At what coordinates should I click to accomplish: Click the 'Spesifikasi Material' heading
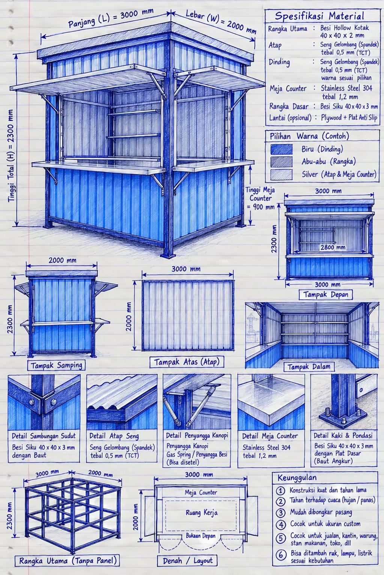tap(319, 16)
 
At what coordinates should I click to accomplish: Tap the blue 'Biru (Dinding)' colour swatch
tap(281, 149)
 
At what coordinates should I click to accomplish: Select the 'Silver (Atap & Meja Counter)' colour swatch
tap(281, 174)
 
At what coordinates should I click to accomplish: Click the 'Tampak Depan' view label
tap(326, 294)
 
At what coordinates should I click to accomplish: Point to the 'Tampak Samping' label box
tap(57, 365)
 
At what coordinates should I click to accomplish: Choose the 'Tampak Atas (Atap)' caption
tap(187, 362)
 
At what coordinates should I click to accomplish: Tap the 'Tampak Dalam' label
tap(309, 367)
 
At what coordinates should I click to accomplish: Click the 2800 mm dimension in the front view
tap(333, 247)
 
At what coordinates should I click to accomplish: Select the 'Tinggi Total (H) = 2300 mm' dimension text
tap(11, 156)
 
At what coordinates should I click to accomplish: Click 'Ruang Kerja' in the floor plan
tap(202, 513)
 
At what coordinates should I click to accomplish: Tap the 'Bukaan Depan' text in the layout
tap(201, 536)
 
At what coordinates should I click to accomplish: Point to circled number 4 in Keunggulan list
tap(280, 524)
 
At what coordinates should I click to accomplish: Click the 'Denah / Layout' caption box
tap(187, 561)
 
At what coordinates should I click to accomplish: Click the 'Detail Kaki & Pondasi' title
tap(343, 435)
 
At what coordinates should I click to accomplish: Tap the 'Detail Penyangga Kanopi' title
tap(197, 436)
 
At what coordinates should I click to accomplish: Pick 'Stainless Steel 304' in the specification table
tap(346, 88)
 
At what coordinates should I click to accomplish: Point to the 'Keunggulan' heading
tap(297, 478)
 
